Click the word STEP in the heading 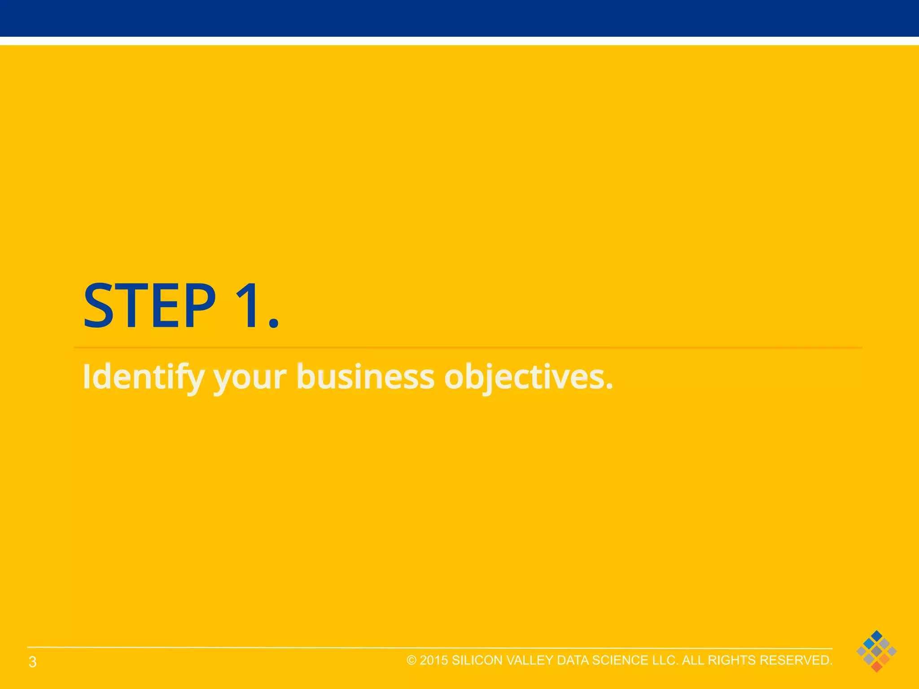point(149,306)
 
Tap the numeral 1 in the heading point(247,306)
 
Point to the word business point(365,377)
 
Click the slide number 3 point(32,662)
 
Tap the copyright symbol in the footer point(411,660)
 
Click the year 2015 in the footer point(433,660)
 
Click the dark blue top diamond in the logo point(876,636)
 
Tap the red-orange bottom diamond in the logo point(876,667)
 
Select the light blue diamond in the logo point(869,644)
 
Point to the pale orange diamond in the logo point(884,659)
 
